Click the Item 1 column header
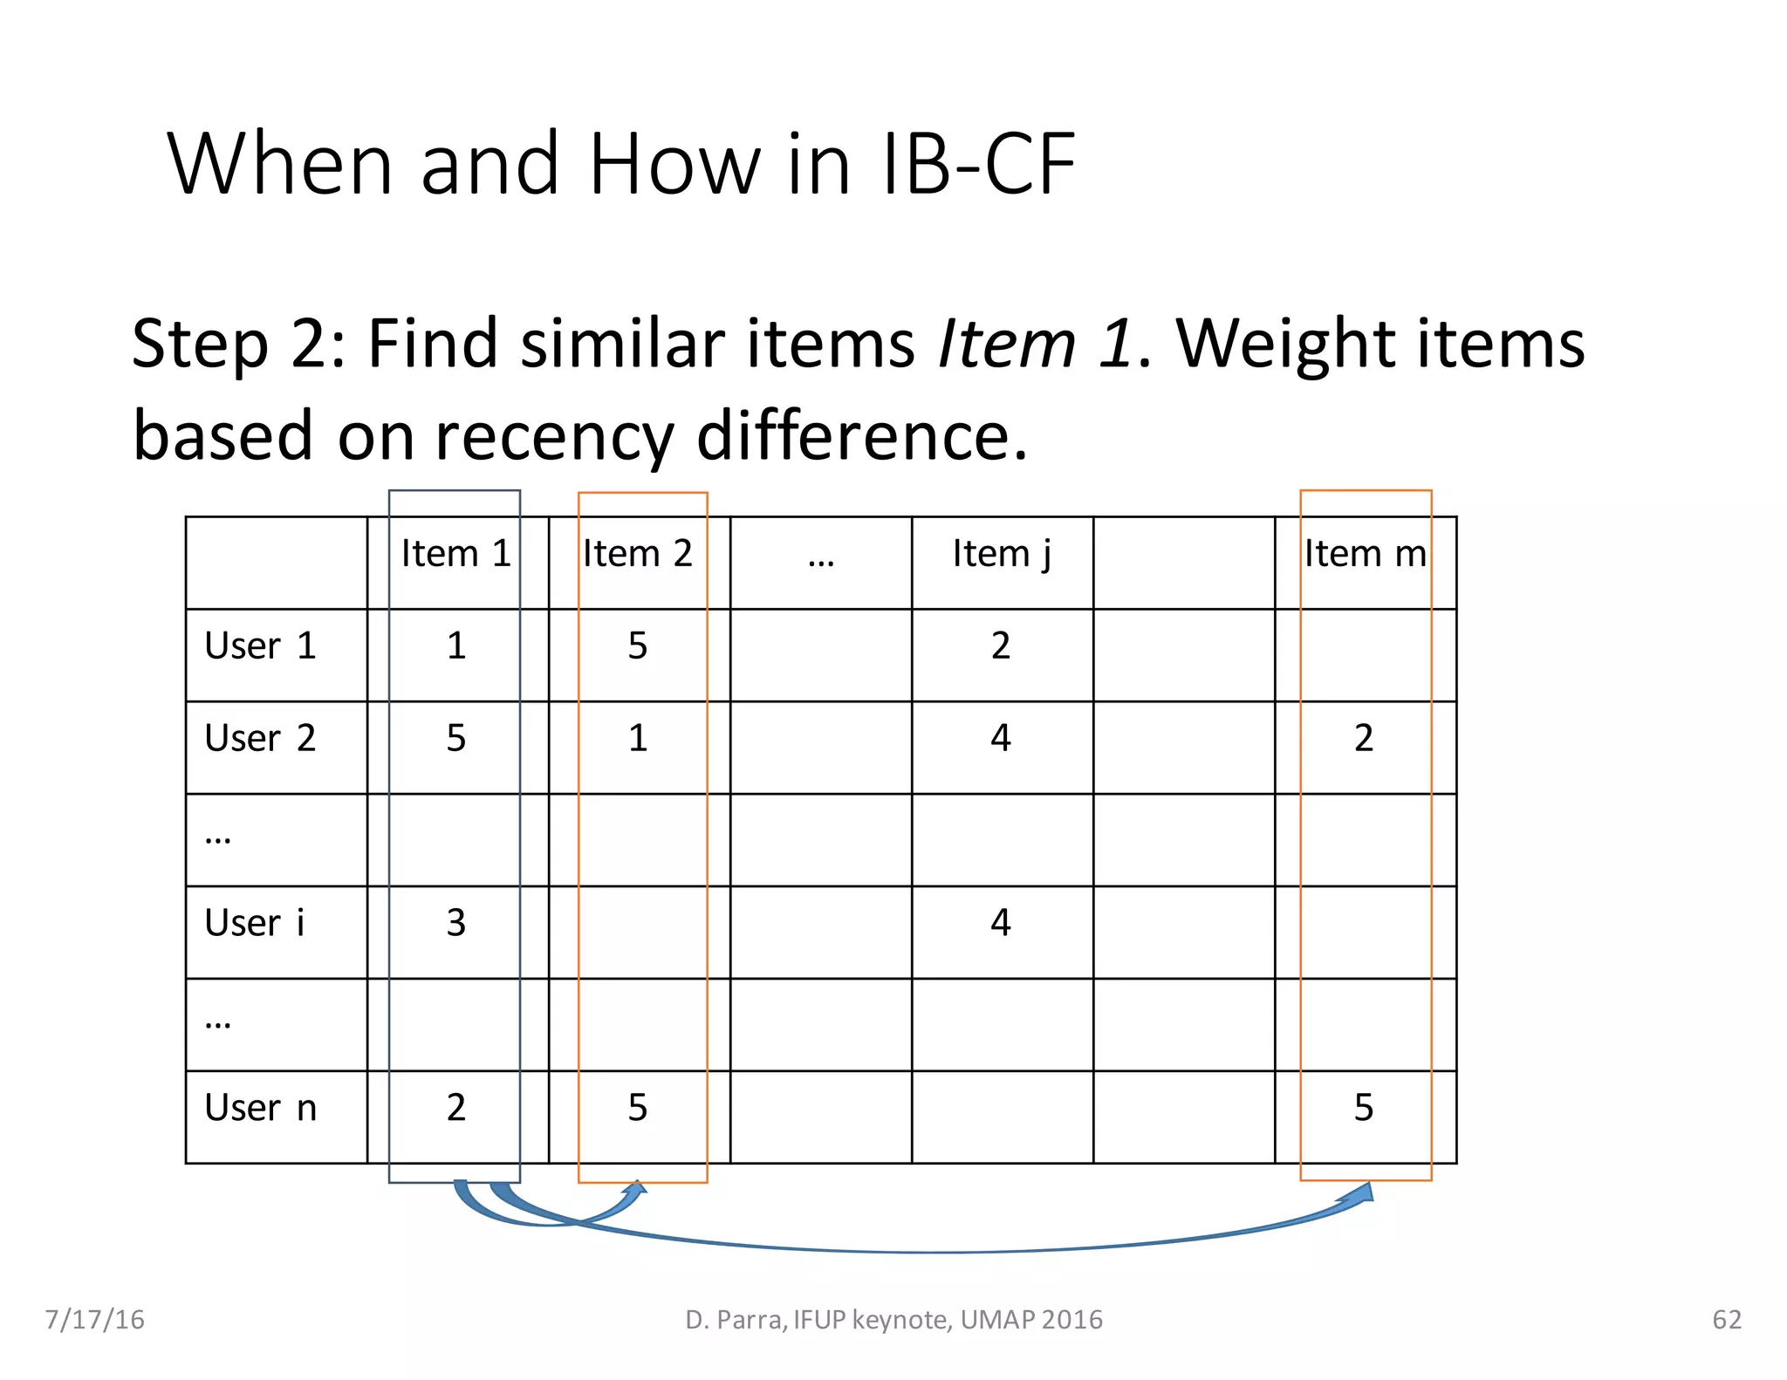455,554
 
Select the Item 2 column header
637,554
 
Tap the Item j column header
1001,554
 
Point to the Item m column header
1365,554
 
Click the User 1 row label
260,646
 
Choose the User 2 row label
260,739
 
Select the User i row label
255,923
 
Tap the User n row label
260,1108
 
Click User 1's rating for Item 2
638,646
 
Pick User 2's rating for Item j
1001,739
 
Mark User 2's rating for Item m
1364,739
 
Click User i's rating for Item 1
456,923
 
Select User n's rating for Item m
1364,1108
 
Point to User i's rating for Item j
1001,923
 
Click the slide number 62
1727,1320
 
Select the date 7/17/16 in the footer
94,1320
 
